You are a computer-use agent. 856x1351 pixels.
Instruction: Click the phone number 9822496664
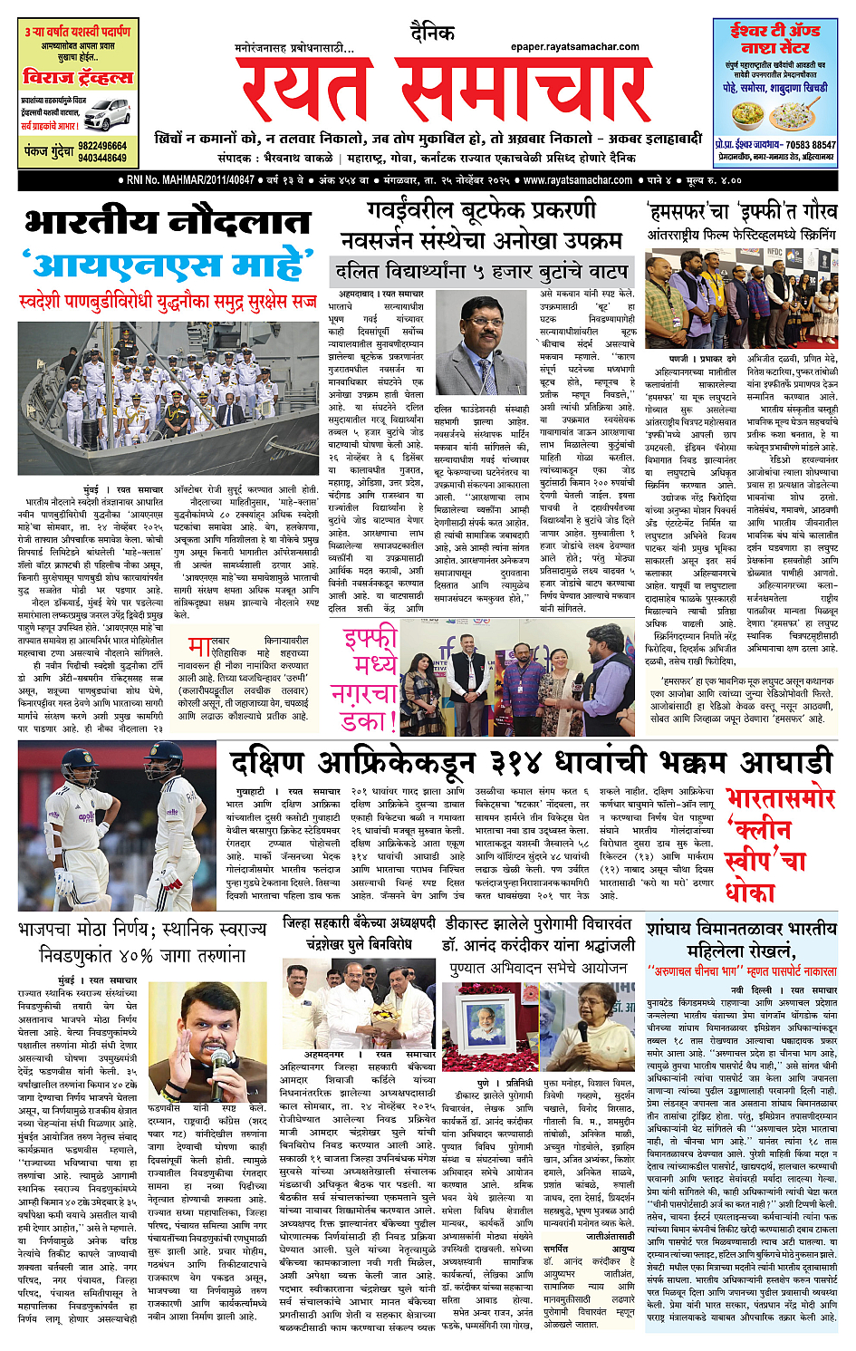pyautogui.click(x=102, y=146)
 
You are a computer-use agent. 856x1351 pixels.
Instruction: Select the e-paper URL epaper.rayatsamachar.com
pyautogui.click(x=574, y=46)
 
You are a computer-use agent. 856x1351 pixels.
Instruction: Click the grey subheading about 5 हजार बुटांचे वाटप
pyautogui.click(x=481, y=271)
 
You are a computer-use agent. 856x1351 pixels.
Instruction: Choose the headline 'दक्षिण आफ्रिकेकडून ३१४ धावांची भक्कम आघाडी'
pyautogui.click(x=529, y=762)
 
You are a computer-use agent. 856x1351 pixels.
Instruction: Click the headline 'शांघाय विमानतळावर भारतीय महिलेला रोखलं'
pyautogui.click(x=741, y=941)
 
